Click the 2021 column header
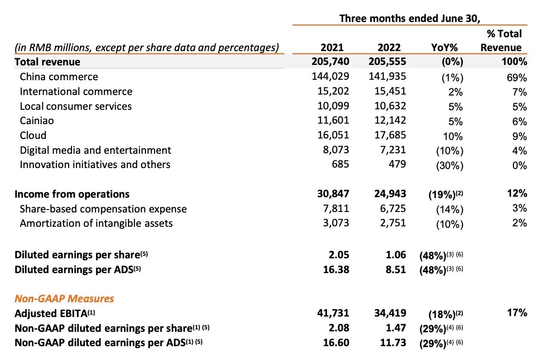[332, 47]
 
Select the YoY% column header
[444, 47]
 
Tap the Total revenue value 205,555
[387, 61]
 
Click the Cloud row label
[33, 135]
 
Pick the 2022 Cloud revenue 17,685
[390, 135]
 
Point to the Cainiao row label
[37, 121]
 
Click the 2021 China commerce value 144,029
[330, 76]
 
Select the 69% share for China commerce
[517, 77]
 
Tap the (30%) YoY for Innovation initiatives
[449, 165]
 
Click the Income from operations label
[72, 194]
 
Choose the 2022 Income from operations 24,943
[390, 193]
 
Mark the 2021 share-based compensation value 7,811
[336, 208]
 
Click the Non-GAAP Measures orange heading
[64, 298]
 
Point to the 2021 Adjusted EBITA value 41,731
[333, 313]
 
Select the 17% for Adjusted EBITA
[517, 313]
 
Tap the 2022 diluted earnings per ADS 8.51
[396, 269]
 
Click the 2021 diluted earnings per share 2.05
[339, 254]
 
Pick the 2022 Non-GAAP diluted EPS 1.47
[396, 328]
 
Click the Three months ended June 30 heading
[409, 18]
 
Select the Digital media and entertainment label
[95, 150]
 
